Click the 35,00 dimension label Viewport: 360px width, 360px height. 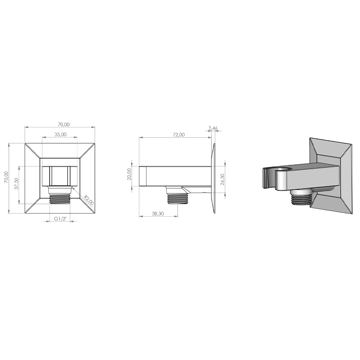click(x=61, y=134)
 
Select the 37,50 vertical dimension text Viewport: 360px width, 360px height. click(x=16, y=184)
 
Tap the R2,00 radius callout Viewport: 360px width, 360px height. click(x=89, y=200)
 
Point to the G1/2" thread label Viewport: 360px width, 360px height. click(x=60, y=218)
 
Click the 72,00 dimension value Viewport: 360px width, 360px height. click(x=178, y=135)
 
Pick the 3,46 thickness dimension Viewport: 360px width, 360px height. click(x=213, y=128)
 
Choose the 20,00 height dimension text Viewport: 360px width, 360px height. click(x=129, y=174)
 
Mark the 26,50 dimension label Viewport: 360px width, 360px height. click(x=222, y=179)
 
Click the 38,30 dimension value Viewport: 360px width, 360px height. click(x=158, y=213)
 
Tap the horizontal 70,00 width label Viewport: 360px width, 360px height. click(x=64, y=124)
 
